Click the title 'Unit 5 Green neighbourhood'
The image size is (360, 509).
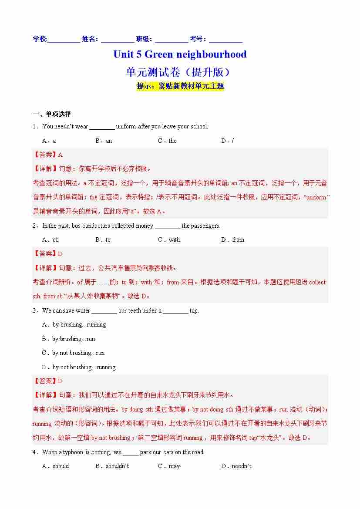click(180, 54)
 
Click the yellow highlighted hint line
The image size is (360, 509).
click(180, 86)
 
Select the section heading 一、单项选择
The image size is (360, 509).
click(52, 115)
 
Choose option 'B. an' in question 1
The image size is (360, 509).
click(104, 141)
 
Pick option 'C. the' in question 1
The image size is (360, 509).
click(167, 141)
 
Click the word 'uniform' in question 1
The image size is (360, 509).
click(126, 127)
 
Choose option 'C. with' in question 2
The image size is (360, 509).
click(169, 239)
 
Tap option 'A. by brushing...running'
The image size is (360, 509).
click(74, 324)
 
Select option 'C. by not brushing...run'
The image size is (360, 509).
click(73, 353)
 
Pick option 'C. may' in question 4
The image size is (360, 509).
click(169, 466)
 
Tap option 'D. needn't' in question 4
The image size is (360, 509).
click(236, 466)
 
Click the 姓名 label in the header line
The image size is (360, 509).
click(90, 39)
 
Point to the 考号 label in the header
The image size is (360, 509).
click(198, 39)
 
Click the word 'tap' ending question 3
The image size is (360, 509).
click(194, 310)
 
